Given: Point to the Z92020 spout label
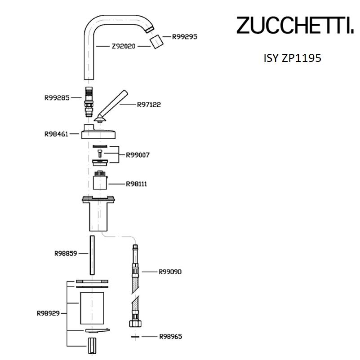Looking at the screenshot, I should pyautogui.click(x=123, y=46).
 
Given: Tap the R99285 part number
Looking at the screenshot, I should pyautogui.click(x=57, y=96).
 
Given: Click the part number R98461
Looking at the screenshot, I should pyautogui.click(x=57, y=133).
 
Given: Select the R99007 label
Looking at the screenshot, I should pyautogui.click(x=138, y=155).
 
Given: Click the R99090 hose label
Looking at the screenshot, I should pyautogui.click(x=170, y=272).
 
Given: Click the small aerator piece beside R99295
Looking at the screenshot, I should pyautogui.click(x=157, y=43).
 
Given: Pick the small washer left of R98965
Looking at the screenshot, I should pyautogui.click(x=135, y=336).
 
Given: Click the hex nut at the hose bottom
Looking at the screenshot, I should pyautogui.click(x=135, y=323).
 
